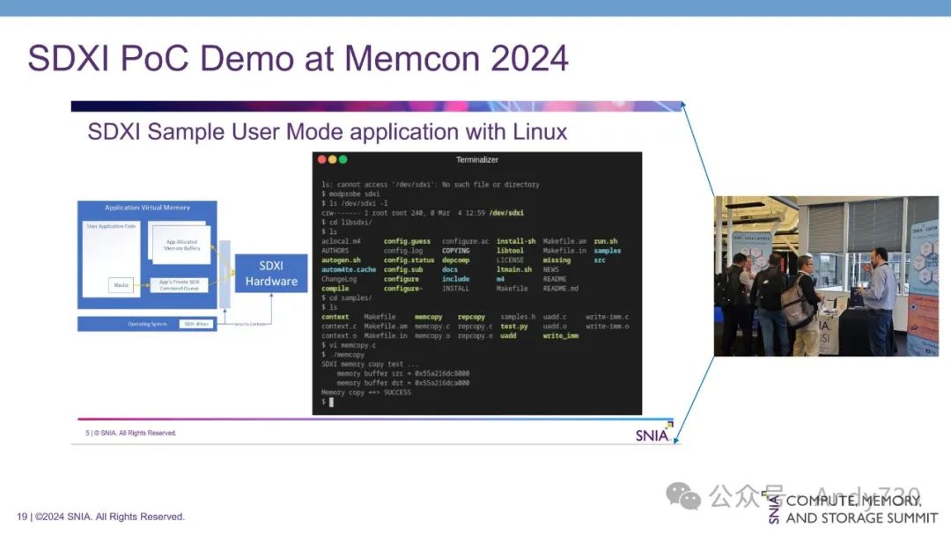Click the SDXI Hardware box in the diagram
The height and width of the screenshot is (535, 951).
[x=271, y=274]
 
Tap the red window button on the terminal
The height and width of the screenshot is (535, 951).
[x=321, y=159]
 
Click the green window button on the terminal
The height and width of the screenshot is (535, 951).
[x=343, y=159]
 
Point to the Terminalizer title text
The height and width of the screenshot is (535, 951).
[x=476, y=159]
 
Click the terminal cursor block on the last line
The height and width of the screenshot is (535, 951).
[x=331, y=402]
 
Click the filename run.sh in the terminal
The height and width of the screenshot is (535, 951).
[x=605, y=241]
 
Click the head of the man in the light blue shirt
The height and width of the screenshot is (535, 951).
[x=877, y=256]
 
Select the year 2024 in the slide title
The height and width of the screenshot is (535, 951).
[x=529, y=58]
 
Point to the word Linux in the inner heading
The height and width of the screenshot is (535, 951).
[x=540, y=132]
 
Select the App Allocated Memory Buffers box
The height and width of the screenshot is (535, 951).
[x=181, y=245]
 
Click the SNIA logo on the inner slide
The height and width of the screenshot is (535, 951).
[x=652, y=434]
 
